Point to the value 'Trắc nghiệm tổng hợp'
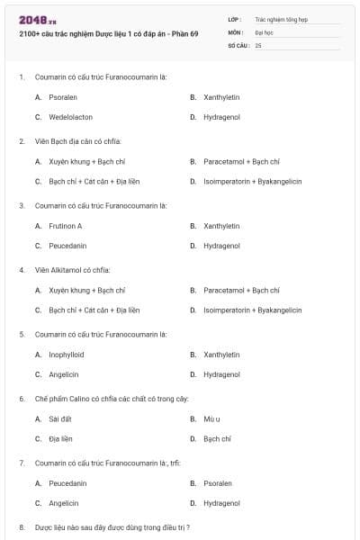[x=280, y=19]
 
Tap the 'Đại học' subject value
[x=264, y=31]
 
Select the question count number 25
[x=258, y=45]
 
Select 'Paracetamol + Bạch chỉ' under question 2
[x=241, y=161]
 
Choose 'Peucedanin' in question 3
[x=67, y=246]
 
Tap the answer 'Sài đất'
[x=60, y=418]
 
